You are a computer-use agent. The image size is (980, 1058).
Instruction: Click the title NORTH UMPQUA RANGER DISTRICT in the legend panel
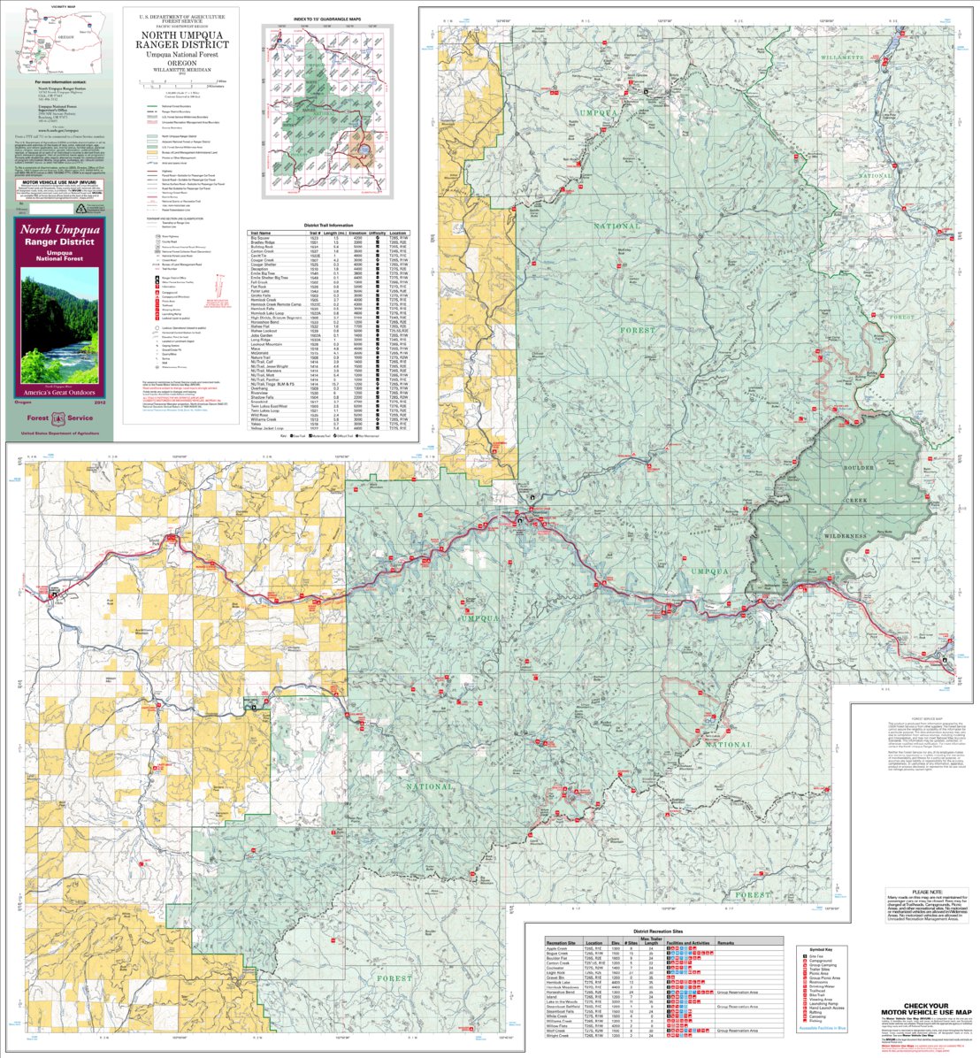[x=181, y=41]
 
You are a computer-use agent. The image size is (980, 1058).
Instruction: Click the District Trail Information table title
[x=329, y=226]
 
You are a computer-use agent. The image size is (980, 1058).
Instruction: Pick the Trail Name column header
[x=262, y=234]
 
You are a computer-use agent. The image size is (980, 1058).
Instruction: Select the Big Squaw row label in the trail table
[x=260, y=239]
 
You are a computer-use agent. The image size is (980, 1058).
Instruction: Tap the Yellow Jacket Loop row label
[x=264, y=428]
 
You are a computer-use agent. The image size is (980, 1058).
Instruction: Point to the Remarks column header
[x=726, y=943]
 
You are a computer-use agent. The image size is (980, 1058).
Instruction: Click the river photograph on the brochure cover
[x=60, y=318]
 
